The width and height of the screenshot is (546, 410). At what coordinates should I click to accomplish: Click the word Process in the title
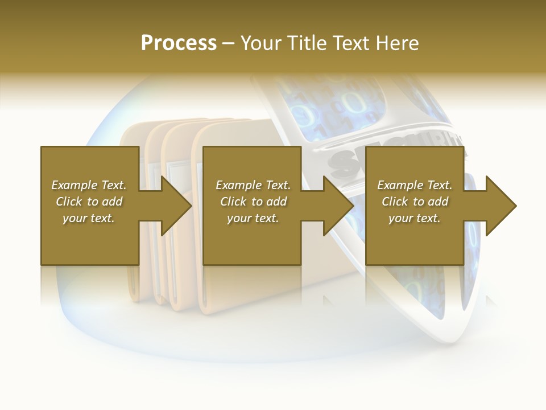pos(179,43)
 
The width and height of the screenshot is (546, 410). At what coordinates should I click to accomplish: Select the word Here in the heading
pos(396,43)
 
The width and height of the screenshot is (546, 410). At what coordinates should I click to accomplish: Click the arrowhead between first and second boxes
pos(176,206)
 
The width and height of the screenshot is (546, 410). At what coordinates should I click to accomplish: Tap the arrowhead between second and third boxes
pos(338,206)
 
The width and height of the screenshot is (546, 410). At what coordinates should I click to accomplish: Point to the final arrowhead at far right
pos(500,206)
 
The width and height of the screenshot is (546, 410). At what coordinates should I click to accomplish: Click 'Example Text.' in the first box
pos(89,185)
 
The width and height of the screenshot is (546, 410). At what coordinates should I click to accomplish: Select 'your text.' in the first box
pos(89,218)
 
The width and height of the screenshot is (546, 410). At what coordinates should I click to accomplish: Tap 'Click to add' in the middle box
pos(253,202)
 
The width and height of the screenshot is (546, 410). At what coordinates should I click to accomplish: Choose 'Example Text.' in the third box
pos(415,185)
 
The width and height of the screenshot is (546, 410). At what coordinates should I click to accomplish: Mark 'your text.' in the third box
pos(415,218)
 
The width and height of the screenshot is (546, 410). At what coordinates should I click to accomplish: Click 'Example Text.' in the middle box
pos(253,185)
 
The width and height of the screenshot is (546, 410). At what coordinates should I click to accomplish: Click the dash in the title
pos(228,43)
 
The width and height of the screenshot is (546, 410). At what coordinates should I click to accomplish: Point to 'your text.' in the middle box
pos(253,218)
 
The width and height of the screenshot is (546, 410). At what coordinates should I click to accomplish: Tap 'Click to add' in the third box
pos(415,202)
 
